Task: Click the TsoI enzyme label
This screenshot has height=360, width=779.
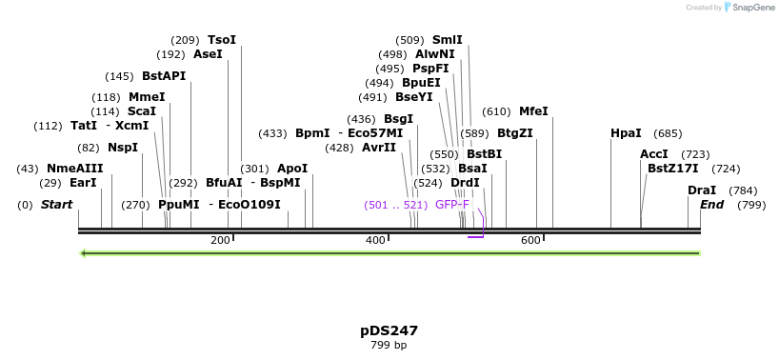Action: tap(222, 40)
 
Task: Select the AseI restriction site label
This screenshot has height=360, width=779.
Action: tap(208, 54)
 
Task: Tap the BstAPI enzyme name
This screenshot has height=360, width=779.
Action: tap(164, 76)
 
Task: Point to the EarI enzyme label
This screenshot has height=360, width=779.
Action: tap(83, 183)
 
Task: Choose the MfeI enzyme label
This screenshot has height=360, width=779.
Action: tap(533, 111)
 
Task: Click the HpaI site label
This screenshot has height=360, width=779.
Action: tap(626, 133)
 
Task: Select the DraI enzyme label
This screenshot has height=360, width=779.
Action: tap(702, 190)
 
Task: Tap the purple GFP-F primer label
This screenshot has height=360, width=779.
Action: tap(452, 205)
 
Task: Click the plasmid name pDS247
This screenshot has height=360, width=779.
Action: tap(389, 330)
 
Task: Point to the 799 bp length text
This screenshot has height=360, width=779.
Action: tap(389, 345)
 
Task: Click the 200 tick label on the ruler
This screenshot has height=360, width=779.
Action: tap(220, 240)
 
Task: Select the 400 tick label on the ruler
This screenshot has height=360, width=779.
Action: tap(375, 240)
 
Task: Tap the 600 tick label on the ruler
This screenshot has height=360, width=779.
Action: tap(530, 240)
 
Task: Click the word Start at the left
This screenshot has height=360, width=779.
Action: tap(56, 205)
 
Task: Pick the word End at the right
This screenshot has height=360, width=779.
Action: tap(711, 205)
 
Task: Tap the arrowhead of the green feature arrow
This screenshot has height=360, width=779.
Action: tap(85, 253)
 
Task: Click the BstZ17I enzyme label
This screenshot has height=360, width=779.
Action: tap(672, 169)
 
